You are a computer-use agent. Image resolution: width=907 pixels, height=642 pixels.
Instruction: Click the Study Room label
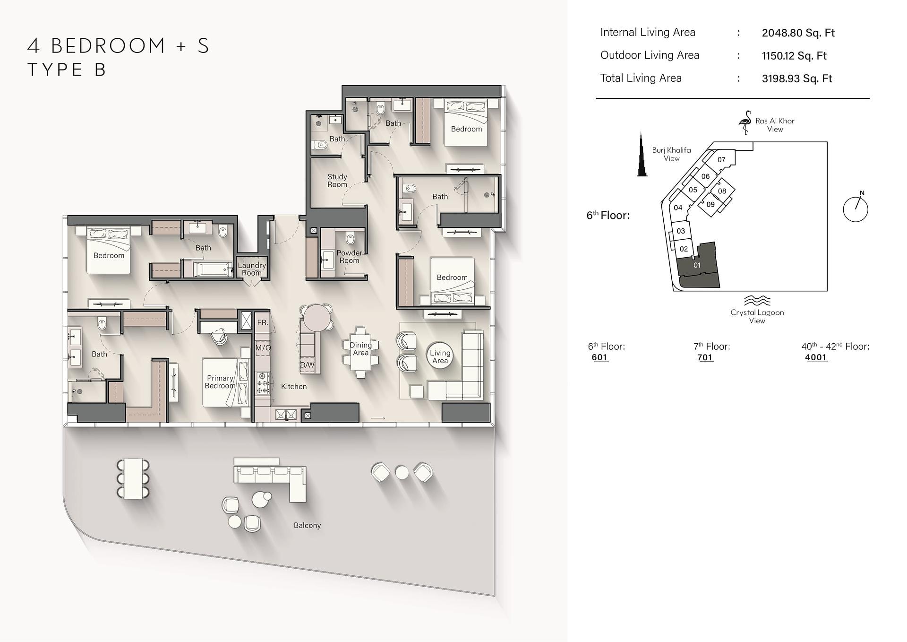(337, 181)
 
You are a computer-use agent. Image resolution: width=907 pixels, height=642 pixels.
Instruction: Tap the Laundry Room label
(252, 269)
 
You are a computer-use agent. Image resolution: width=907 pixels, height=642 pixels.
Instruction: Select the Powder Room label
(349, 257)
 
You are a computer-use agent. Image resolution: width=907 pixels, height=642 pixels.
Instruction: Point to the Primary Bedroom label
(220, 382)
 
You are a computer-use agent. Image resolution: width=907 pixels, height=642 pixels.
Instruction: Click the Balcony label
(307, 525)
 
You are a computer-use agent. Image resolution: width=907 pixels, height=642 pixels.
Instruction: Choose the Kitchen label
(294, 386)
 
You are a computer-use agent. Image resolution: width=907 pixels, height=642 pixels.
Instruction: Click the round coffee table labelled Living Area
(440, 356)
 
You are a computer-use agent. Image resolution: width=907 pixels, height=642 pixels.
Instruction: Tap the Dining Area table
(360, 352)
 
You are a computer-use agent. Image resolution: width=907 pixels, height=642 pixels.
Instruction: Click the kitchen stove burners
(263, 383)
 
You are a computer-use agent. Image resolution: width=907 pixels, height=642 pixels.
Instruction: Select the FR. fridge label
(263, 322)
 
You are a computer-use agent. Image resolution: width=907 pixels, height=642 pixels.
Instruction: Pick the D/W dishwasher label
(307, 365)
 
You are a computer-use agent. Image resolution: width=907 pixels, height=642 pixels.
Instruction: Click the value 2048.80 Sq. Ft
(798, 33)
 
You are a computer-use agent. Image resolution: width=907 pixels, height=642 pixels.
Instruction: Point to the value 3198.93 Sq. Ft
(797, 78)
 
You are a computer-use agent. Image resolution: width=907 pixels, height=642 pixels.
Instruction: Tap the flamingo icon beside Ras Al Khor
(745, 122)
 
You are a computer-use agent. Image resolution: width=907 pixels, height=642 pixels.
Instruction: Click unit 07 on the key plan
(721, 160)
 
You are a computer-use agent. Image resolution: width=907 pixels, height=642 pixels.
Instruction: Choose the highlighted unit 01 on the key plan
(698, 266)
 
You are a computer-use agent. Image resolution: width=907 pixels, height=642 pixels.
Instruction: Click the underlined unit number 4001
(816, 357)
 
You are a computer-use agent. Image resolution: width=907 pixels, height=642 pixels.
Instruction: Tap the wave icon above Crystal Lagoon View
(757, 301)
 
